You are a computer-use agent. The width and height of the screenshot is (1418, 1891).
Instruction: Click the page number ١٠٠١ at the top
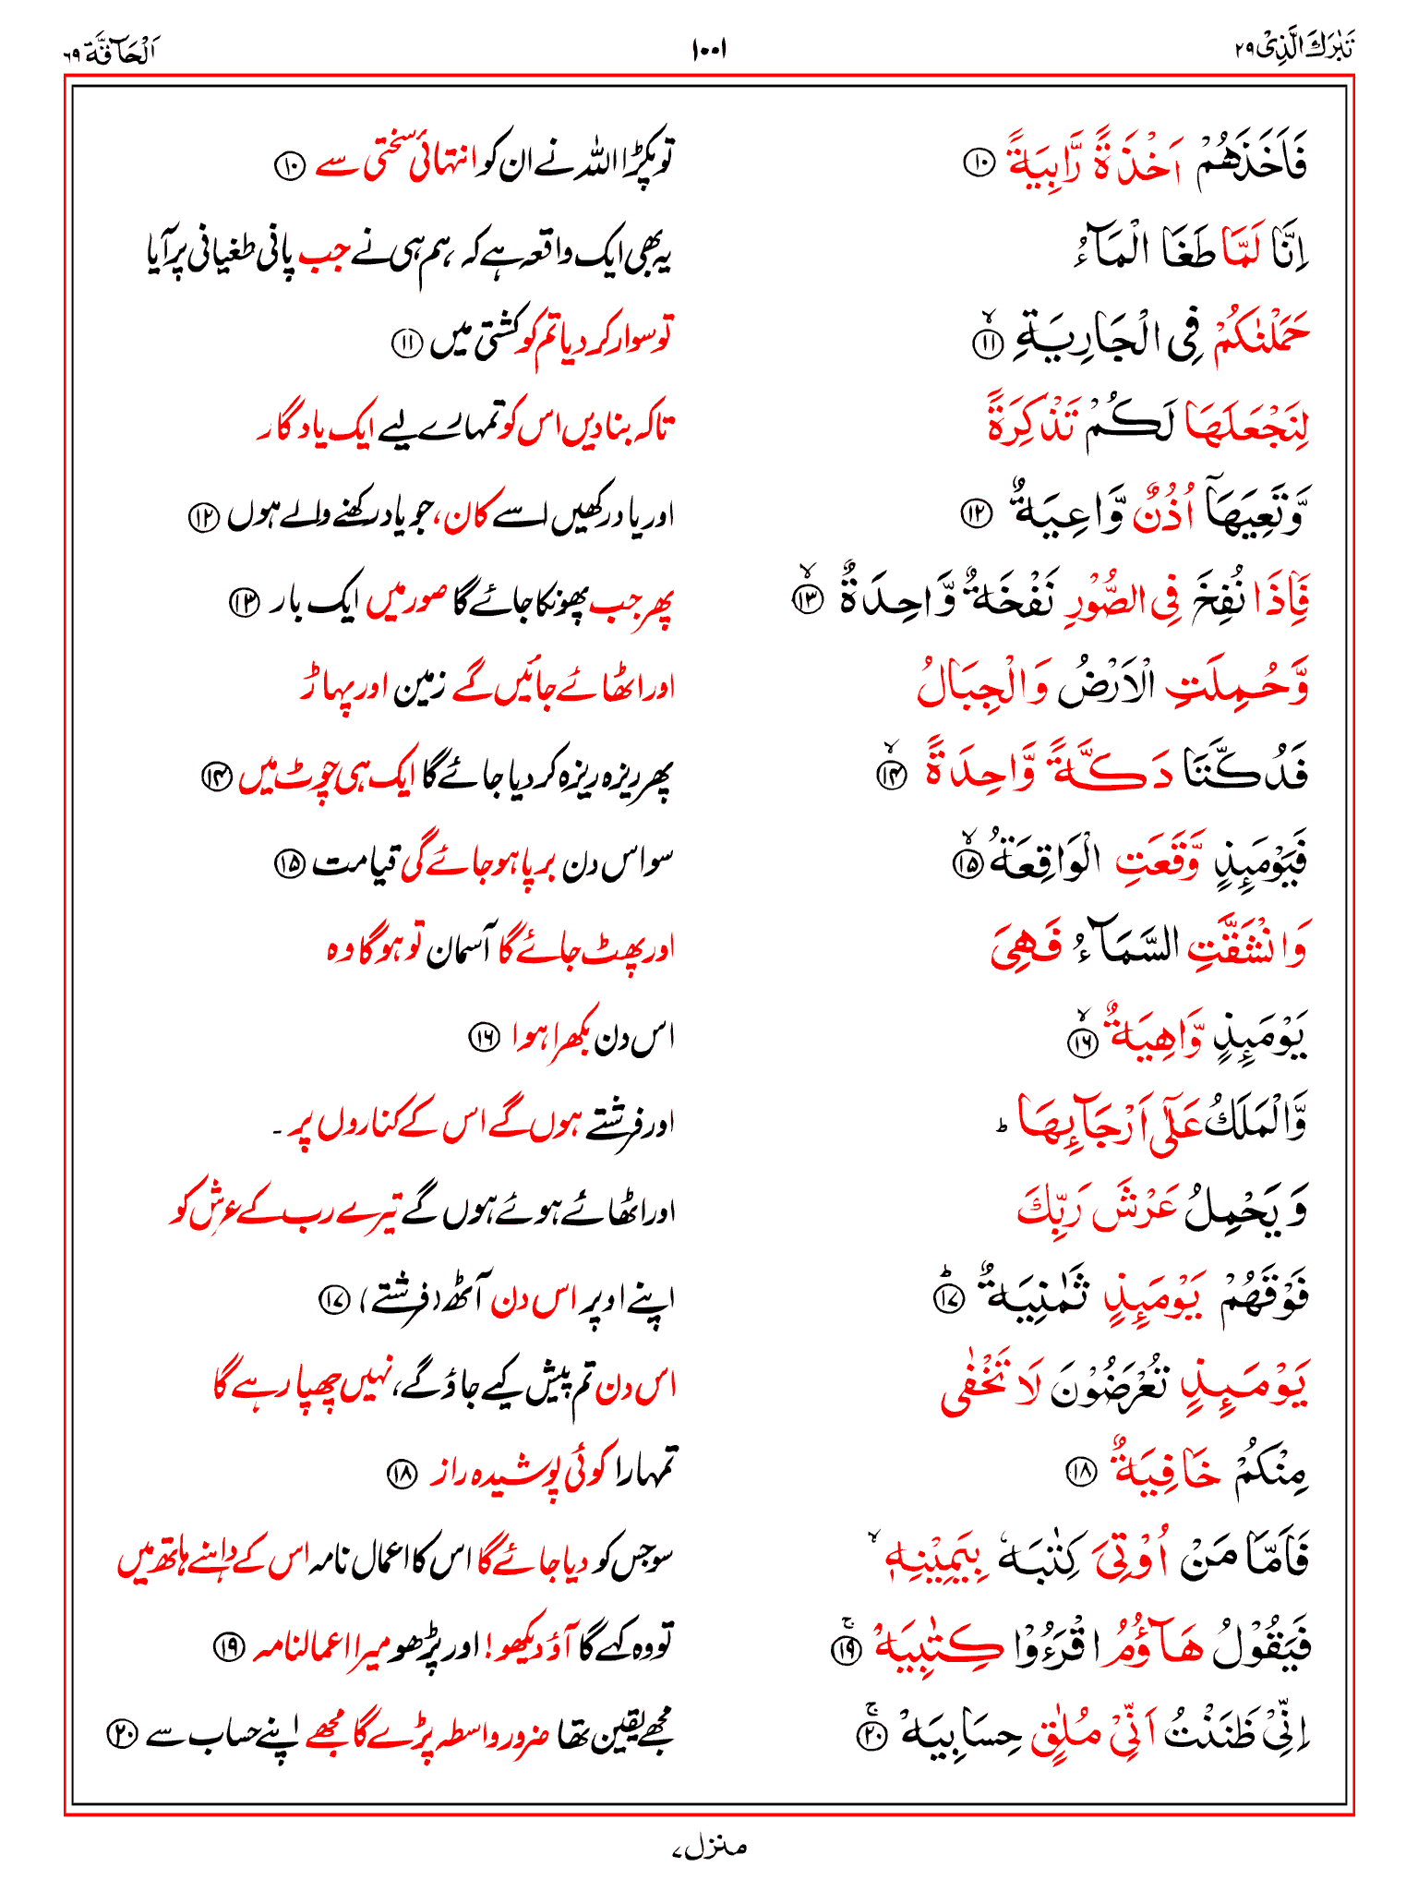point(708,49)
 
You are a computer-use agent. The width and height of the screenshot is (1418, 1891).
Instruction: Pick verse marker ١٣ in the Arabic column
point(809,599)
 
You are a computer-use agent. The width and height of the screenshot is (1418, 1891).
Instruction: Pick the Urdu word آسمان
point(457,950)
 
